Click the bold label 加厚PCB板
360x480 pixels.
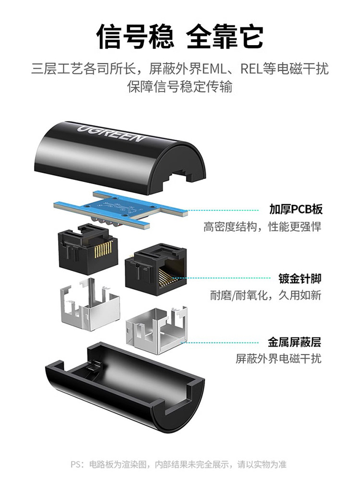pos(296,209)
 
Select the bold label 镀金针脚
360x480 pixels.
pos(300,279)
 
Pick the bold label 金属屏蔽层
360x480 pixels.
pos(295,342)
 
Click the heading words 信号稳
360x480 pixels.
pos(135,37)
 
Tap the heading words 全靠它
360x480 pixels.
pos(225,37)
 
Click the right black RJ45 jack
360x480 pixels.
pos(156,269)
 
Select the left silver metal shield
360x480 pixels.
pos(89,307)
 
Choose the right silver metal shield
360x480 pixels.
pos(157,329)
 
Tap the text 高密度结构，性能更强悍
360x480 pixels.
pos(263,227)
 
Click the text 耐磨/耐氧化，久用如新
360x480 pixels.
pos(266,295)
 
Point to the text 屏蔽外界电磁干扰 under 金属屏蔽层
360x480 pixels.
pos(278,359)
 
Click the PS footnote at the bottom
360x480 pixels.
pos(179,464)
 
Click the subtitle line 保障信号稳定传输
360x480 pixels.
pos(180,86)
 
